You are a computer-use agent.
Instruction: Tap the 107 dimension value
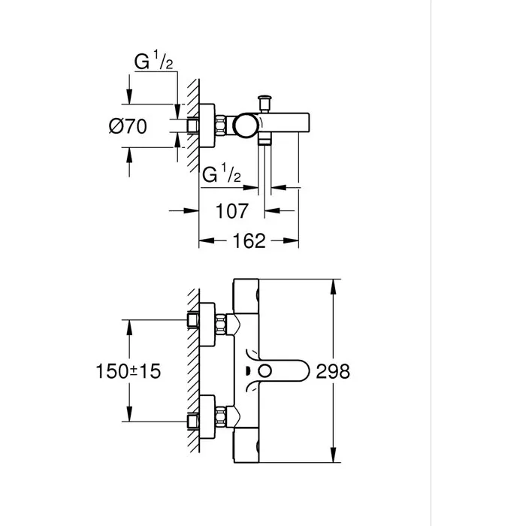(231, 212)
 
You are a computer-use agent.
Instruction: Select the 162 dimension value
(248, 241)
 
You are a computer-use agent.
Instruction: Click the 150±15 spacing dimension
(129, 371)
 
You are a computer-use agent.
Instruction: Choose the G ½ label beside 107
(222, 176)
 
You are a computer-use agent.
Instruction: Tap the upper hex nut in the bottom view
(222, 325)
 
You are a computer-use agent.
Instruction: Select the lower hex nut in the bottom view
(222, 416)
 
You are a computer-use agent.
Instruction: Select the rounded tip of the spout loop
(304, 370)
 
